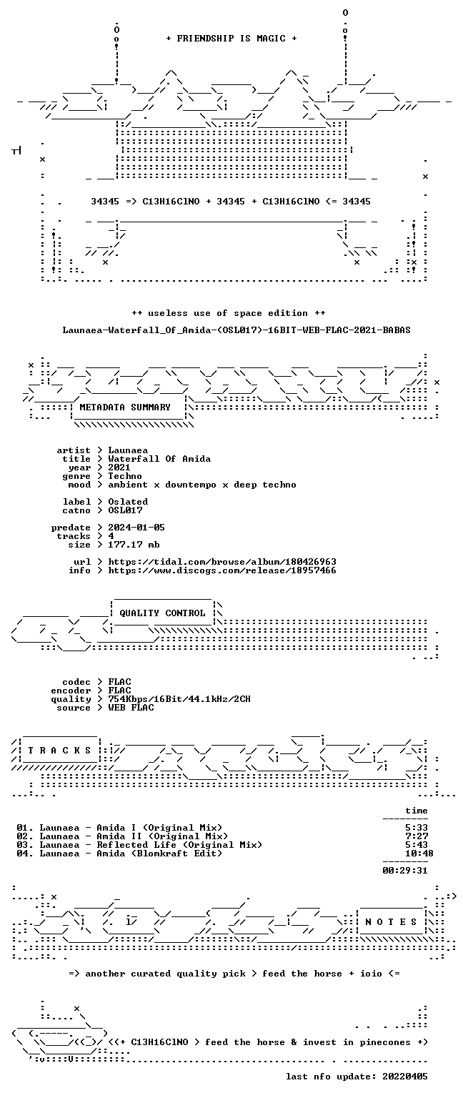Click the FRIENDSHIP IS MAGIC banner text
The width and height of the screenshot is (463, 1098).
pos(231,38)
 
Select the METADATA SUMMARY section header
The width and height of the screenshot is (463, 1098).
pos(125,407)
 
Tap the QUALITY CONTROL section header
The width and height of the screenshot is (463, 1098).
pos(162,613)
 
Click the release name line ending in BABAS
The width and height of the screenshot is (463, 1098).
pos(237,330)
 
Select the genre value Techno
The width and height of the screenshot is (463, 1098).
pos(125,476)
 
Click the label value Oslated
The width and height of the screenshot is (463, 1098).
pos(128,501)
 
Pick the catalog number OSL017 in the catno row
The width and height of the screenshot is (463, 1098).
pos(125,510)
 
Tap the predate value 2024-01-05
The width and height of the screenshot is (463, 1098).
pos(136,528)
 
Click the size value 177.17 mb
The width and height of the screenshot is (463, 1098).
pos(134,545)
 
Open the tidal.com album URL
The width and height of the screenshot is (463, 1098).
pos(222,562)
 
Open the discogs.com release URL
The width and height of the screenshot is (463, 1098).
pos(222,570)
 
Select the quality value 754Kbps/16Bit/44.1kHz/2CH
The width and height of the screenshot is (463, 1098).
pos(179,699)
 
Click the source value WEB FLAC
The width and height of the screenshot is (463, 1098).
pos(131,707)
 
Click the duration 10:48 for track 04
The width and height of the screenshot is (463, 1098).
pos(419,854)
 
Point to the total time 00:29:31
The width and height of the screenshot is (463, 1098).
pos(405,871)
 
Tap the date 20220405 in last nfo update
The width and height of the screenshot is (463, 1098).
pos(405,1077)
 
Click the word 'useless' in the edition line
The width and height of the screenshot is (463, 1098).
pos(168,313)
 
